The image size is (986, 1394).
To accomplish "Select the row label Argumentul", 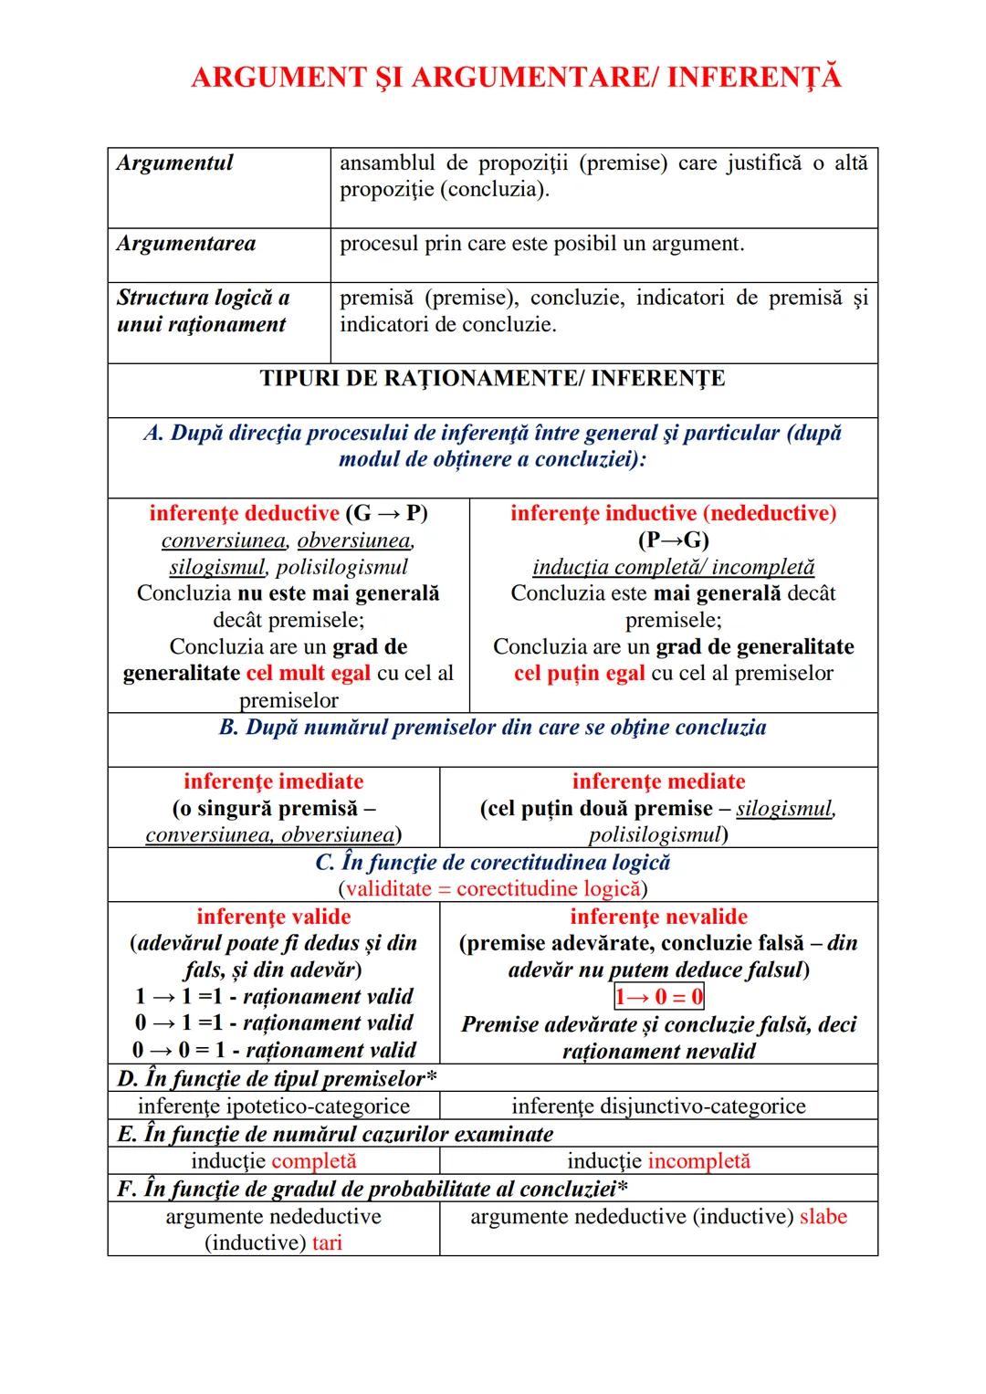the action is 175,163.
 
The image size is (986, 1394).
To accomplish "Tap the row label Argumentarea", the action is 186,244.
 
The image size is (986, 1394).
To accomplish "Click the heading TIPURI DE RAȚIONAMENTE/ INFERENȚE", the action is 492,379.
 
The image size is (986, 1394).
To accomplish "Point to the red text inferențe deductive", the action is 244,513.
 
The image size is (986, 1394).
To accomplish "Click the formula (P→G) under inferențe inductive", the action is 673,540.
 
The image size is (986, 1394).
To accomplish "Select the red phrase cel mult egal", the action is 309,674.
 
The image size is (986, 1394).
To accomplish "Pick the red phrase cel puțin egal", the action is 579,674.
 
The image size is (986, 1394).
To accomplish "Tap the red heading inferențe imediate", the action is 273,781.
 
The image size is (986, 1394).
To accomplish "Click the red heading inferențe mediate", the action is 658,781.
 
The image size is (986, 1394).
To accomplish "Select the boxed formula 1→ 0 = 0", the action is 658,997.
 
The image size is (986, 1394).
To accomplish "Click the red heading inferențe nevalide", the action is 658,917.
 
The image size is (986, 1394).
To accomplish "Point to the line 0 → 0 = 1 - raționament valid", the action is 273,1050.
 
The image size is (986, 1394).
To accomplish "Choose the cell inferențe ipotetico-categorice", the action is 273,1106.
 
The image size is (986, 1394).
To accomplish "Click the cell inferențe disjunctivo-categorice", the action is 658,1106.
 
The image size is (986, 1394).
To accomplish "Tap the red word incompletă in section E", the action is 698,1161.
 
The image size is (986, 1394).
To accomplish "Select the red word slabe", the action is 823,1217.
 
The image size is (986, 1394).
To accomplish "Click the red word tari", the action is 327,1243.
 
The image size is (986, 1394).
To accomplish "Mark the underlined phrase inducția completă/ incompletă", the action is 673,567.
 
